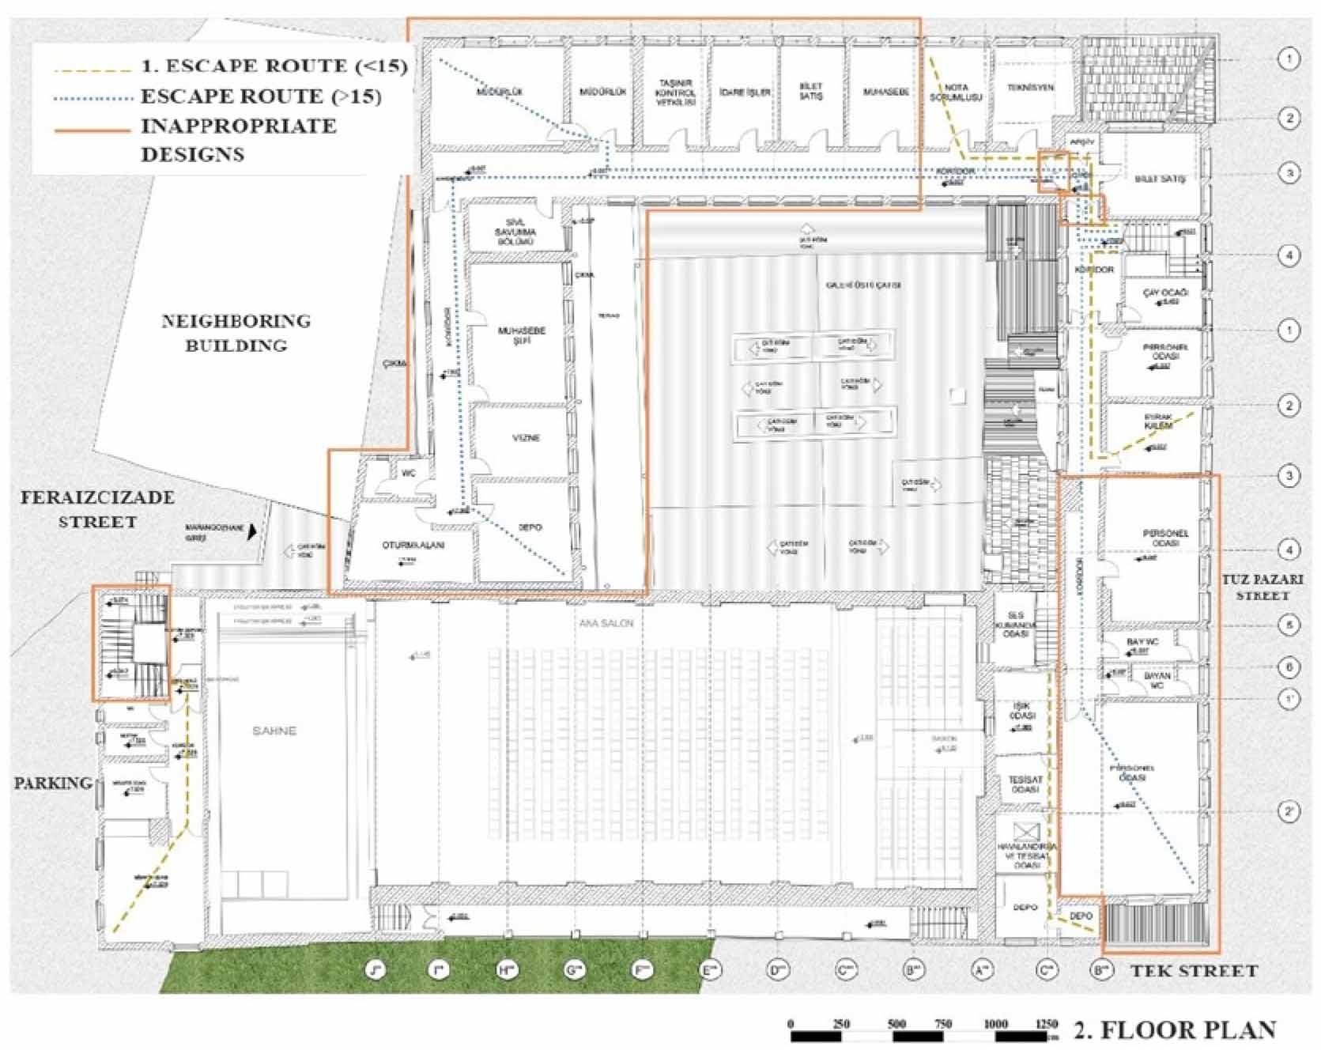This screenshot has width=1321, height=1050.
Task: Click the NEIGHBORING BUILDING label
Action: point(236,333)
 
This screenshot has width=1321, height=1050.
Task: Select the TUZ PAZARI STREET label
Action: point(1262,587)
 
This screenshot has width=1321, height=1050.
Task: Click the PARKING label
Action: point(52,783)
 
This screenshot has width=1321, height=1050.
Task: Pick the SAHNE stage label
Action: point(274,731)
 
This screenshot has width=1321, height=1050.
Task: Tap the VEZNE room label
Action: point(526,437)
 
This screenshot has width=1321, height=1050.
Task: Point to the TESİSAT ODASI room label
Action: point(1025,784)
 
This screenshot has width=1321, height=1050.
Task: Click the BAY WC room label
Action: point(1142,642)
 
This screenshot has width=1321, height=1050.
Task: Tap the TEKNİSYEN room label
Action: point(1030,88)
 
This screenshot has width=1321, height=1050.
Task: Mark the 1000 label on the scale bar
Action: point(995,1024)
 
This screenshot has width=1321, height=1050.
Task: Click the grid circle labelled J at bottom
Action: point(376,969)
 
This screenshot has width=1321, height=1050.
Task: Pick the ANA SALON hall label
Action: point(606,623)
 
